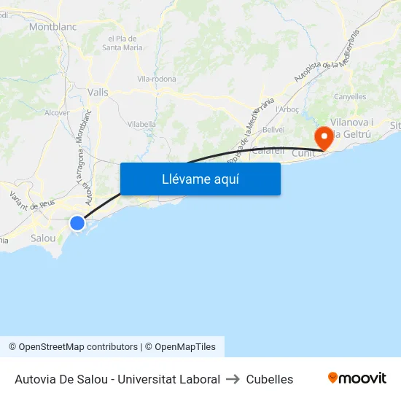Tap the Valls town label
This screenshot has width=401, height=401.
pyautogui.click(x=98, y=93)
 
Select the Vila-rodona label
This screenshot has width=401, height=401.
pyautogui.click(x=157, y=79)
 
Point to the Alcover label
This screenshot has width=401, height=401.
pyautogui.click(x=57, y=113)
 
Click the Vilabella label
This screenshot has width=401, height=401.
pyautogui.click(x=141, y=124)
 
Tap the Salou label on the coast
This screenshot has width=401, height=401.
pyautogui.click(x=43, y=238)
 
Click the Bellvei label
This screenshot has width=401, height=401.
pyautogui.click(x=273, y=129)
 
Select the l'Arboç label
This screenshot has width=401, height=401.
pyautogui.click(x=289, y=109)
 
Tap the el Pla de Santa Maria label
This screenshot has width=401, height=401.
pyautogui.click(x=122, y=43)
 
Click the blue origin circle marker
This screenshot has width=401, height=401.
pyautogui.click(x=77, y=223)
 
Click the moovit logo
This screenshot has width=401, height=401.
pyautogui.click(x=357, y=378)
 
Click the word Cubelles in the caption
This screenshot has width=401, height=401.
pyautogui.click(x=270, y=379)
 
